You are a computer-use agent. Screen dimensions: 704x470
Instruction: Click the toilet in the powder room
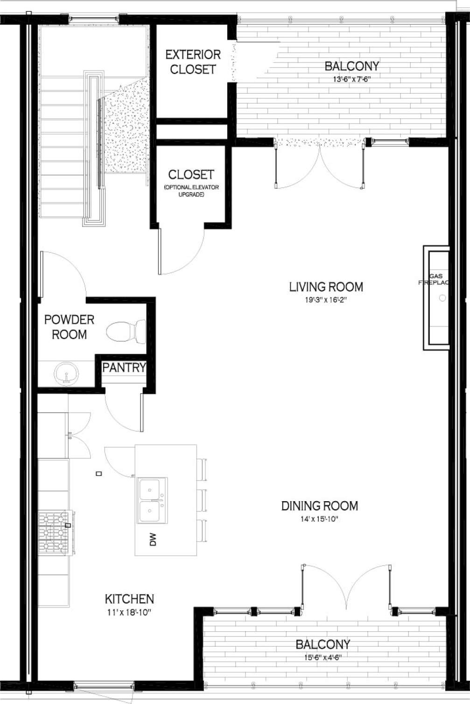tap(125, 332)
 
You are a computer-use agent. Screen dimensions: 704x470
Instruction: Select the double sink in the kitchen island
tap(152, 500)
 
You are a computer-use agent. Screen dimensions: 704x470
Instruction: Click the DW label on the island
tap(153, 540)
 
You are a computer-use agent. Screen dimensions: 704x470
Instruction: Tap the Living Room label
tap(326, 287)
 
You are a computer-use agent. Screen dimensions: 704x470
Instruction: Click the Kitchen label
tap(129, 599)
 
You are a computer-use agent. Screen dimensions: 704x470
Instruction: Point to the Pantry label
tap(124, 367)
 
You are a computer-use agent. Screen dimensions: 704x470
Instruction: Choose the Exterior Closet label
tap(193, 62)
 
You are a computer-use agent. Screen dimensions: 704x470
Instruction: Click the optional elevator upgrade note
tap(191, 191)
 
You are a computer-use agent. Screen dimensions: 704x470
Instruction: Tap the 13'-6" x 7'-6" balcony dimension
tap(351, 79)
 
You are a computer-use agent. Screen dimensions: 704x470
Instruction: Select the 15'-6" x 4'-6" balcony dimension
tap(322, 658)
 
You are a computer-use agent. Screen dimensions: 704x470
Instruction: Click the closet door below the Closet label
tap(182, 252)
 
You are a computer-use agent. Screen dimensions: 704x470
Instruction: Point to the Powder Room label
tap(69, 327)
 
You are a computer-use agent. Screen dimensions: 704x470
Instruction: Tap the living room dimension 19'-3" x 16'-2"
tap(326, 300)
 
